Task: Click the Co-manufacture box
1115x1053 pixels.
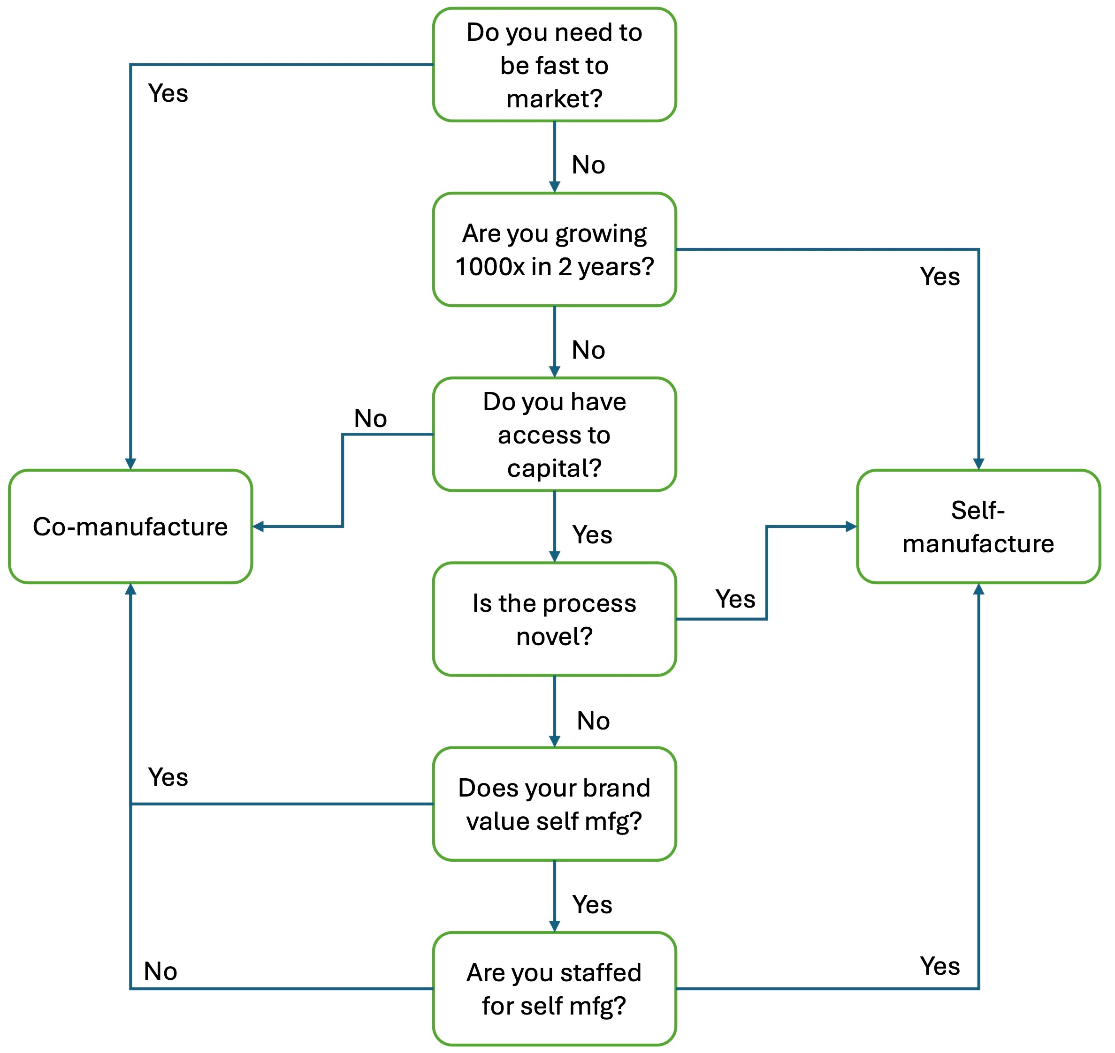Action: (130, 526)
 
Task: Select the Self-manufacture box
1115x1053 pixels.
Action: (978, 526)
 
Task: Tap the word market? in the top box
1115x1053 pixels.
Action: (554, 99)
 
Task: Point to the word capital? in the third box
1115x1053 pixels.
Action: (554, 468)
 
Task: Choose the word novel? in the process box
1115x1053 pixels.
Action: (554, 637)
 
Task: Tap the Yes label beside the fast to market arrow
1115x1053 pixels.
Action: (168, 93)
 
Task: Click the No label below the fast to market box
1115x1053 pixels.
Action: (588, 165)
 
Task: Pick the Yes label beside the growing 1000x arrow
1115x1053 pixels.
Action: (940, 277)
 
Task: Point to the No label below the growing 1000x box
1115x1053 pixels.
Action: (588, 350)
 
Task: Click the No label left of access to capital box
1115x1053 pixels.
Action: (370, 419)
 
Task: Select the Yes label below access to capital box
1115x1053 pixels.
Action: (592, 535)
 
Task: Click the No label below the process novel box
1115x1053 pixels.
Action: (593, 721)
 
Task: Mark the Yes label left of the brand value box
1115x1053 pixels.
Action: (168, 777)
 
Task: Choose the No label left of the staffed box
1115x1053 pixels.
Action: (160, 971)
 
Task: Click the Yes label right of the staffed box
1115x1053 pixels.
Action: (940, 966)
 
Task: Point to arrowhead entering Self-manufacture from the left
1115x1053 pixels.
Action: (851, 526)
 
